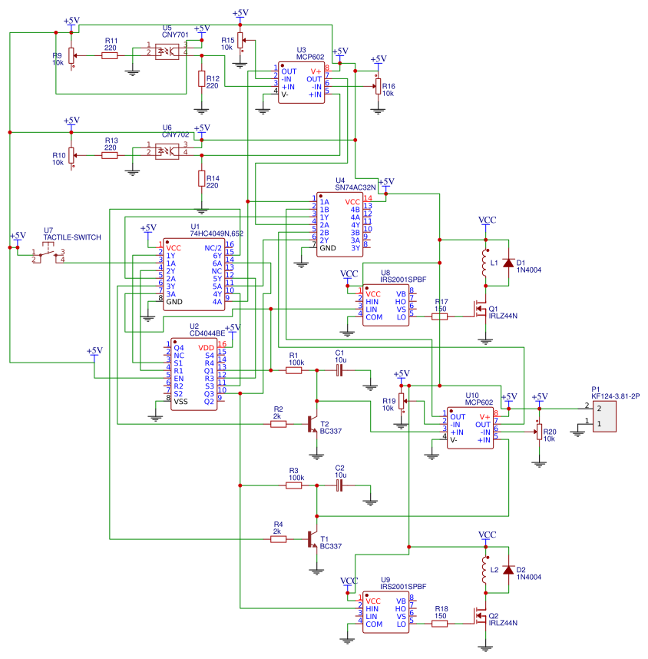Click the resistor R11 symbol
click(110, 55)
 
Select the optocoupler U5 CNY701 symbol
click(167, 51)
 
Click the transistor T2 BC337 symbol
click(312, 424)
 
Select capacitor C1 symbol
click(339, 370)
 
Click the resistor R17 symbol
click(440, 316)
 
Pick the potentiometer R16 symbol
click(377, 88)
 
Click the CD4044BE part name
click(207, 333)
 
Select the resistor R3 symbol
click(294, 485)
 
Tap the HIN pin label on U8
click(373, 302)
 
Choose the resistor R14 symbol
click(202, 179)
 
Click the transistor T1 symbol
click(312, 540)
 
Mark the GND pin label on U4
click(328, 248)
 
